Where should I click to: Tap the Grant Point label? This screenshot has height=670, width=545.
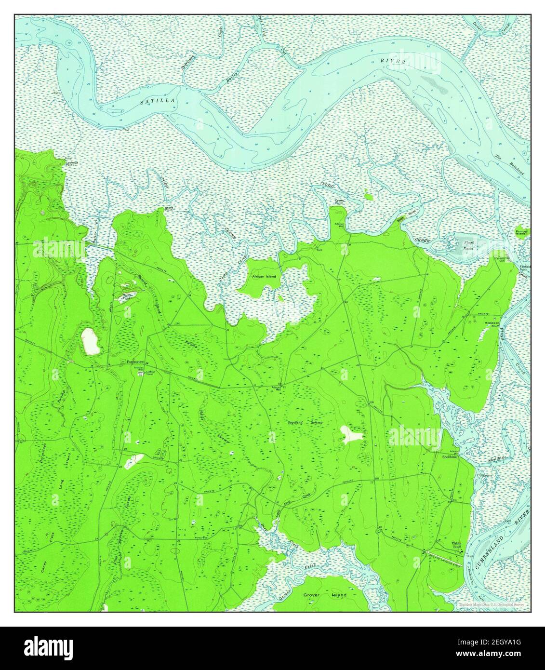(169, 209)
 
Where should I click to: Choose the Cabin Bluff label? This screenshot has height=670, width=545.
(456, 545)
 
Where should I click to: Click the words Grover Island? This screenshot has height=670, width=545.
(325, 595)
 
